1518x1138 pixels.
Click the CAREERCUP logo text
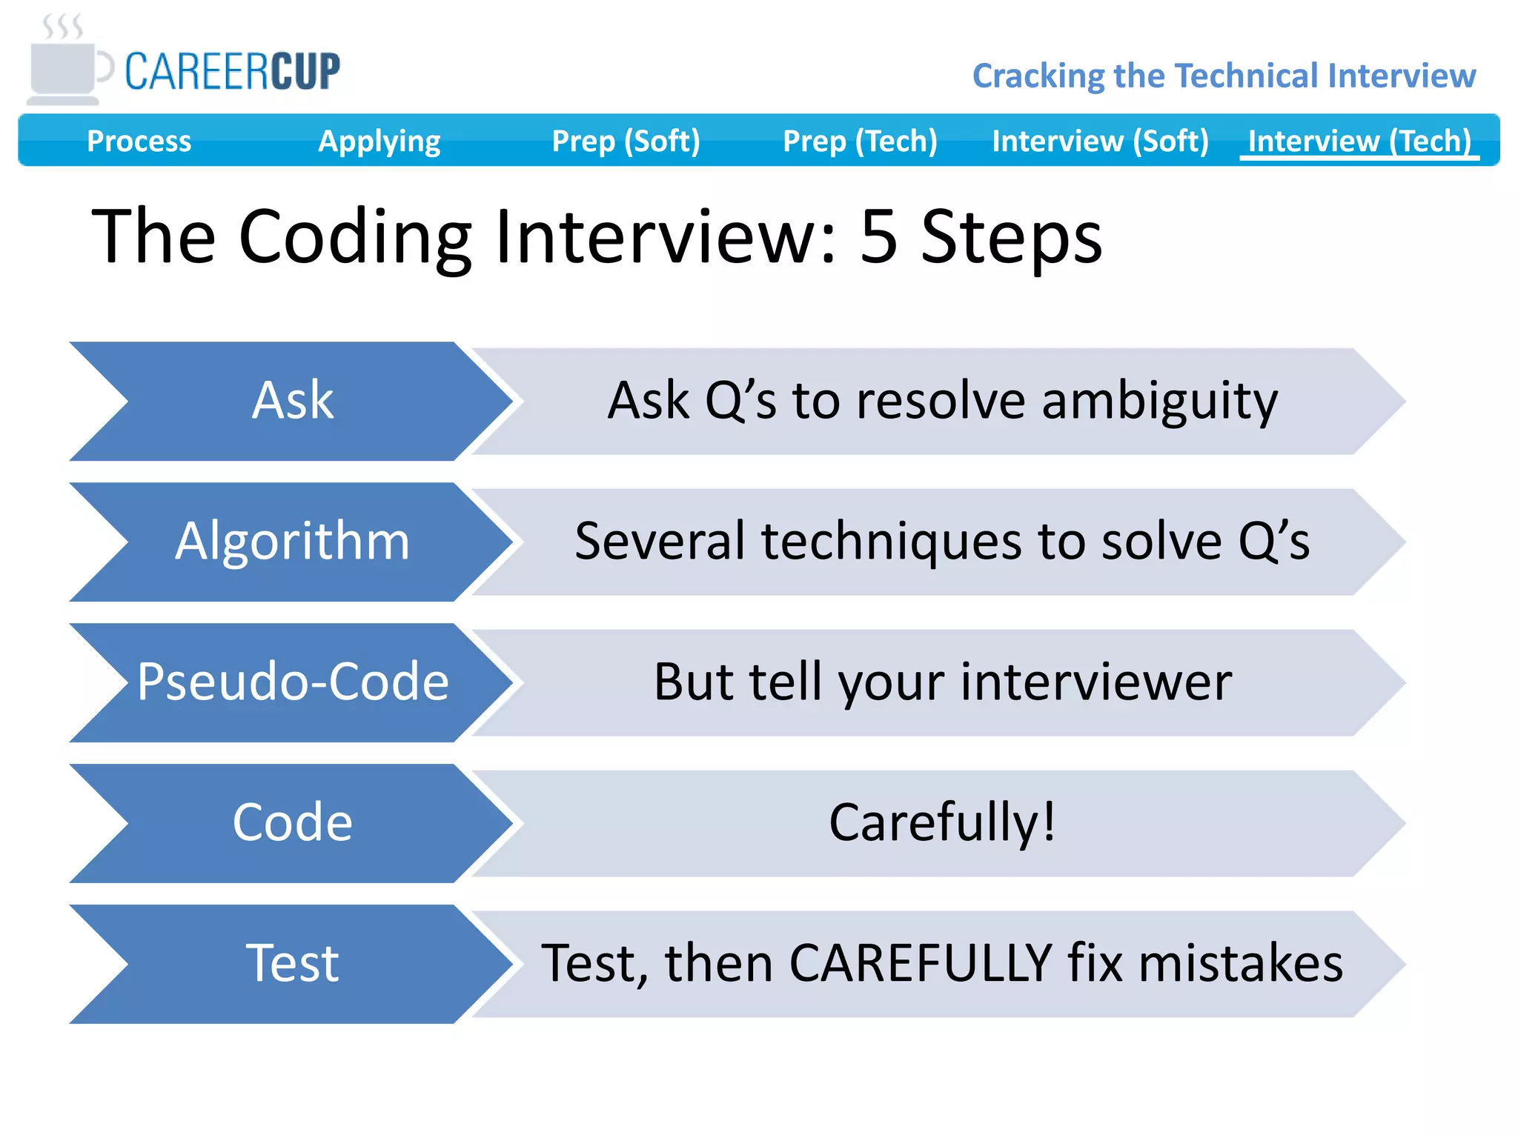click(232, 72)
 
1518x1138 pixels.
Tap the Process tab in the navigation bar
click(139, 141)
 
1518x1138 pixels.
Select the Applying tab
click(379, 141)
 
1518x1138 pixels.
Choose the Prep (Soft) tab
click(626, 141)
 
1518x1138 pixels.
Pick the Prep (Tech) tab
click(860, 141)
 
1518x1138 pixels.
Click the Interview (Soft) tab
click(1100, 141)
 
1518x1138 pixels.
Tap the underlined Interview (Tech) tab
click(1359, 141)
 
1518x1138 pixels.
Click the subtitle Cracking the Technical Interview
click(1224, 76)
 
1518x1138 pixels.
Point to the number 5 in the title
click(879, 236)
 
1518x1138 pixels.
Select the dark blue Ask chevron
click(292, 401)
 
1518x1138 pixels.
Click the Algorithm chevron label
click(292, 542)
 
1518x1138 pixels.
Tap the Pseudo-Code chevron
click(292, 682)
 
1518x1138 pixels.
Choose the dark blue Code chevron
click(292, 823)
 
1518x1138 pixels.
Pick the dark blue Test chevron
click(292, 964)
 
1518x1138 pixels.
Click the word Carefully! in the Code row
click(942, 823)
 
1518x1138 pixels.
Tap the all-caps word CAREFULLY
click(921, 964)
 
